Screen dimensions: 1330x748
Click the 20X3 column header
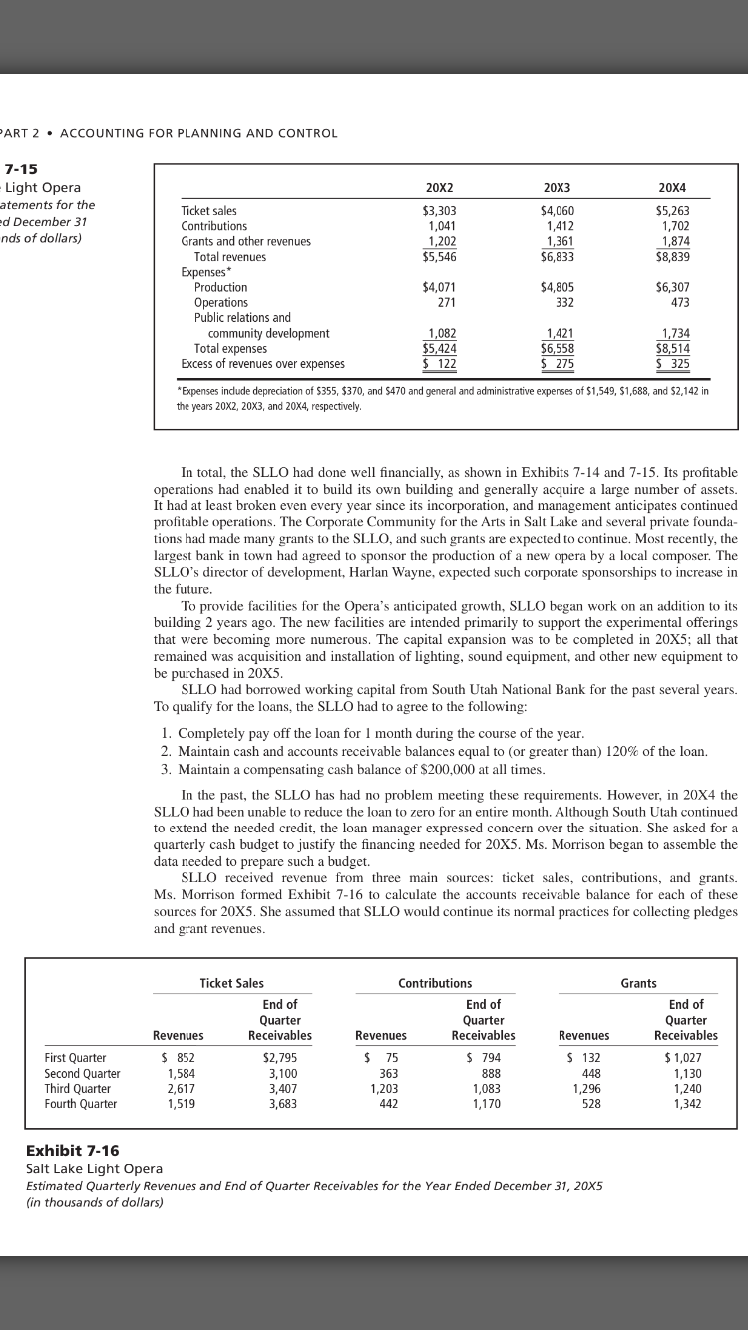point(557,188)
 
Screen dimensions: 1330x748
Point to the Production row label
point(220,287)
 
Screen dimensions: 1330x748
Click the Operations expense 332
point(562,302)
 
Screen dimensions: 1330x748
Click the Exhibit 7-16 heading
point(72,1150)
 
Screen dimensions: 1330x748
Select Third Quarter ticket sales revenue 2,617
point(179,1089)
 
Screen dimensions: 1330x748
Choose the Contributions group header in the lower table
point(435,955)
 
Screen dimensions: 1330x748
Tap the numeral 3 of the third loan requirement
point(165,771)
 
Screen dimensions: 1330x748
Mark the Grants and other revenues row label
point(245,241)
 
